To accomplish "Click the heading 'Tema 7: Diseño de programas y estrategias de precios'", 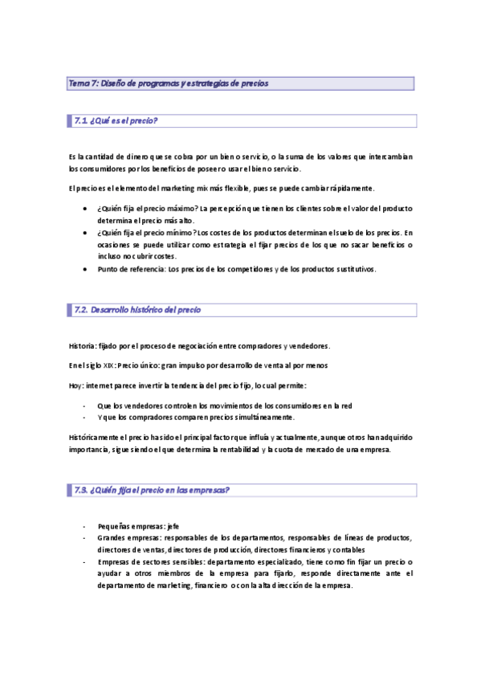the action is click(169, 84).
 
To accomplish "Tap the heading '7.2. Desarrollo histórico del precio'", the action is click(137, 310).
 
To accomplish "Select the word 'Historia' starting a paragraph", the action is click(82, 346).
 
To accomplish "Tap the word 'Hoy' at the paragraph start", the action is click(75, 386).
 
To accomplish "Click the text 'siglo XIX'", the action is click(100, 366).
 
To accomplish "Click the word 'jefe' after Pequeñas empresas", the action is click(173, 526).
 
